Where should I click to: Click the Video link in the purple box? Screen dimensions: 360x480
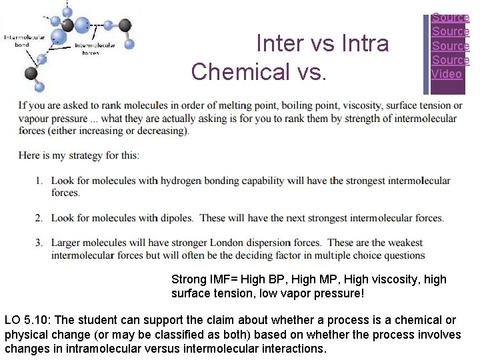click(x=447, y=74)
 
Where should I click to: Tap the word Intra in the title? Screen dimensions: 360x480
click(x=364, y=43)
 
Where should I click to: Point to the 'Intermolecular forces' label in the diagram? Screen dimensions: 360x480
click(x=95, y=49)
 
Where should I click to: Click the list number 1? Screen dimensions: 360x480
click(x=39, y=181)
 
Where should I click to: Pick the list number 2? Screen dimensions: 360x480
click(x=39, y=218)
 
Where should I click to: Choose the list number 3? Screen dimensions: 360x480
click(x=39, y=243)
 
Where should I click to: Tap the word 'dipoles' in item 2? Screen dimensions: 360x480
click(x=176, y=218)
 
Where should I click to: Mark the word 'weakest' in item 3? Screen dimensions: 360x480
click(x=403, y=243)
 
